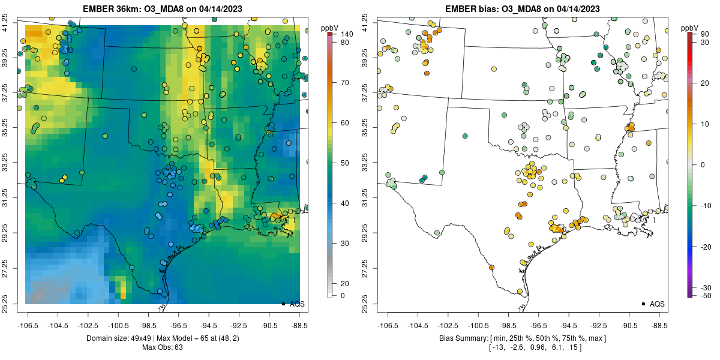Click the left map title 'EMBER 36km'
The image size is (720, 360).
coord(110,9)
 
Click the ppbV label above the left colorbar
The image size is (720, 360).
coord(330,28)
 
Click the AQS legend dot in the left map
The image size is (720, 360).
coord(283,304)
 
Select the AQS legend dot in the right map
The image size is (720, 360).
coord(643,304)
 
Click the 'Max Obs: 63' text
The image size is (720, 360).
coord(162,347)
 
